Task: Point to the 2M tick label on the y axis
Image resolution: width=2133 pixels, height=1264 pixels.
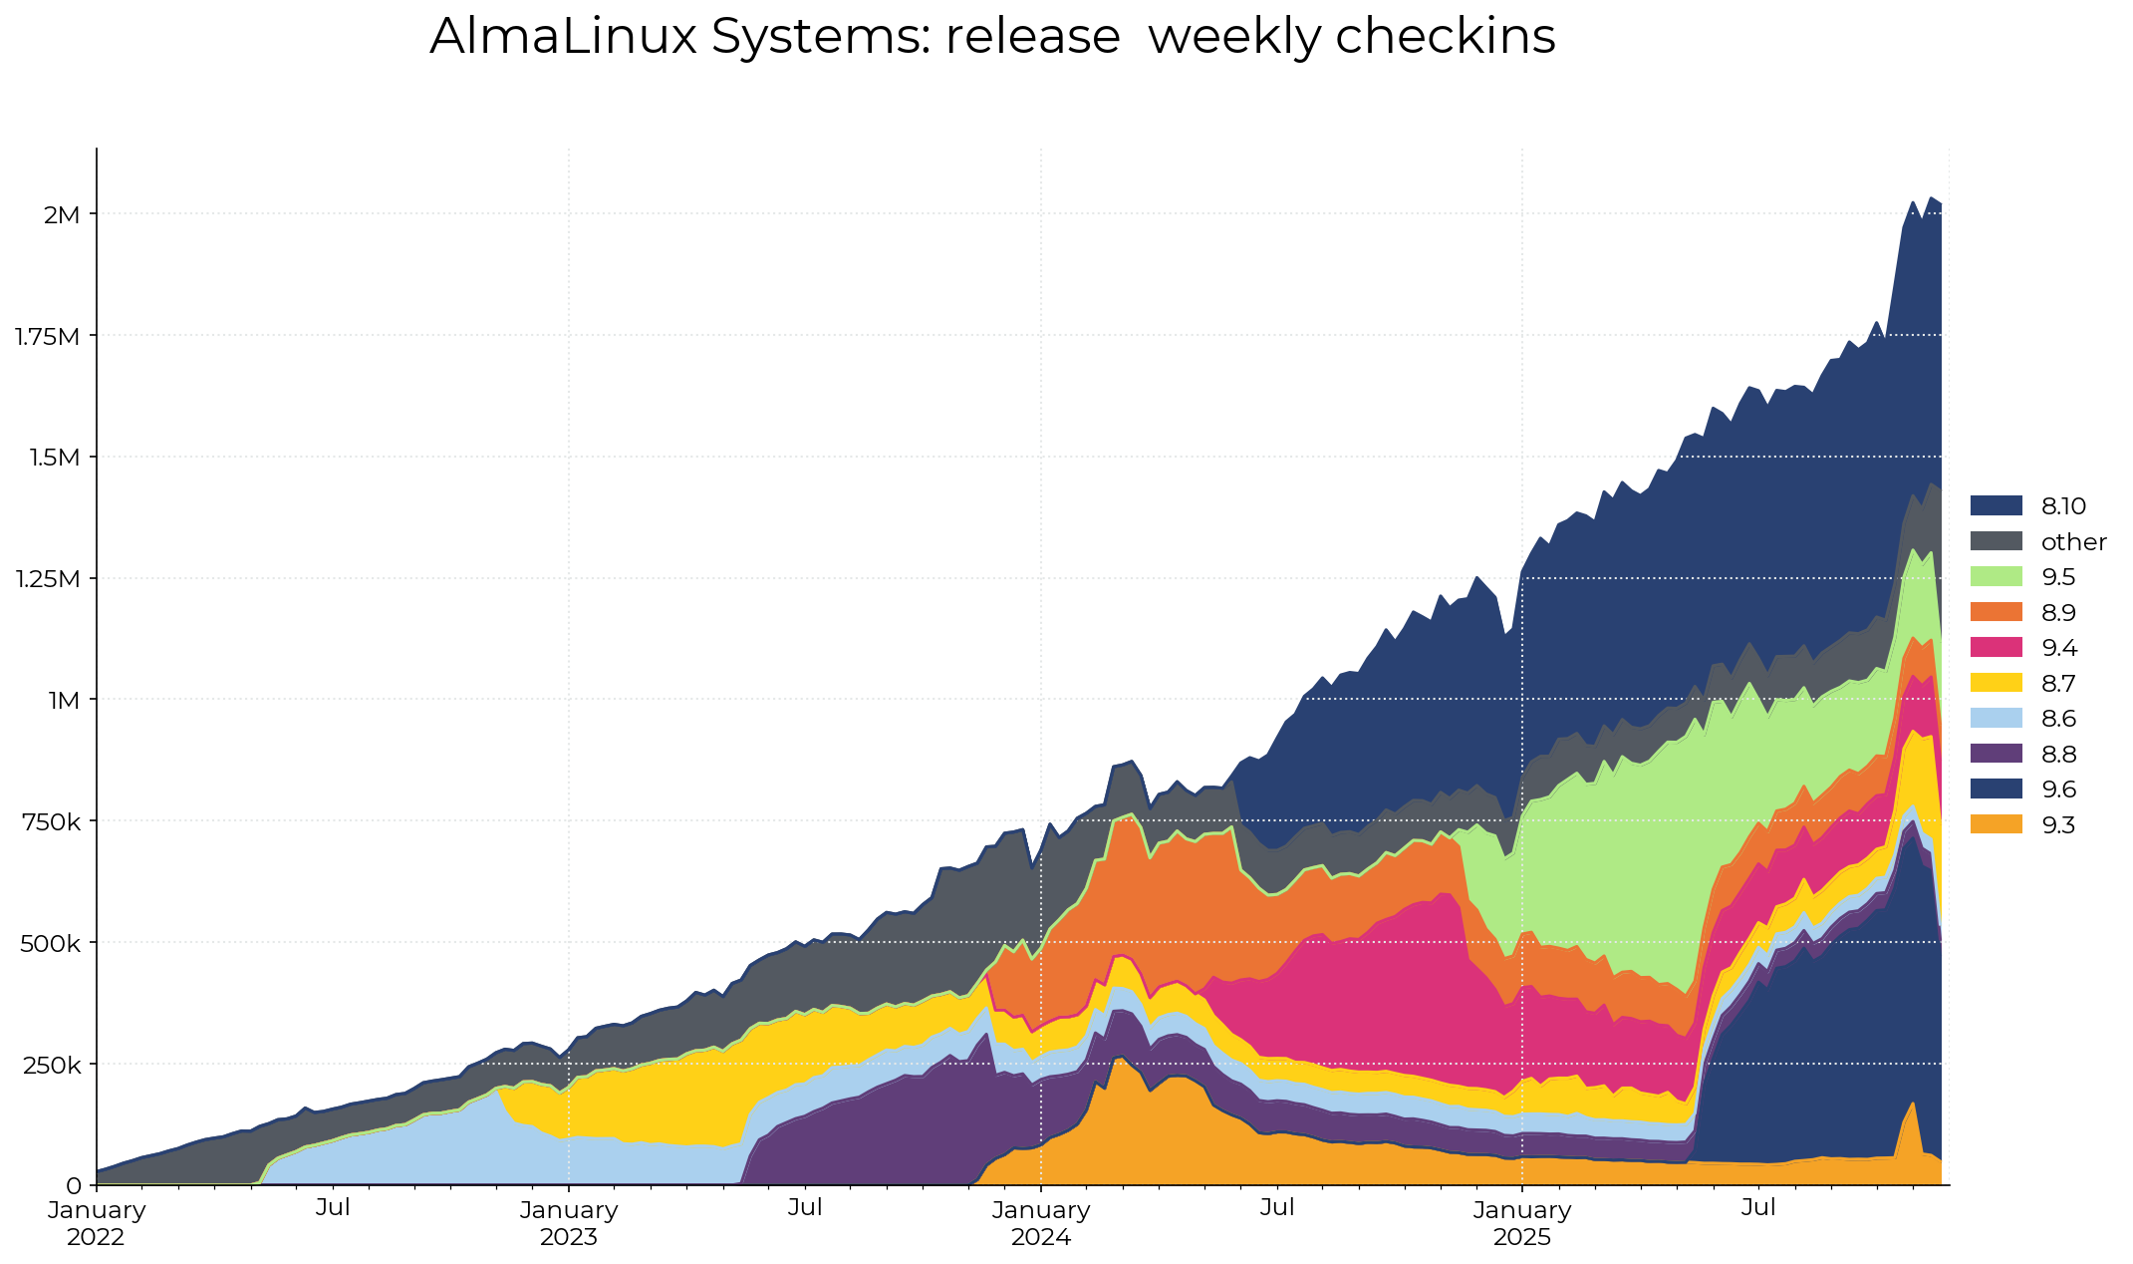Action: pos(62,214)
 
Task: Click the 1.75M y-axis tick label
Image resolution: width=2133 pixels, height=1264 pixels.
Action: pos(47,336)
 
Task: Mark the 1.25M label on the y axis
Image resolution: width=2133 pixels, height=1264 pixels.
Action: pos(47,578)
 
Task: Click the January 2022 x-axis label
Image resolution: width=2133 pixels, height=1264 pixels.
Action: pos(96,1223)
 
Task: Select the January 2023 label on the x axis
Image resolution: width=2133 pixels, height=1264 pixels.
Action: pos(569,1223)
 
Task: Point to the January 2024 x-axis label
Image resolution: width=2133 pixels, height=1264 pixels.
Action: pos(1041,1223)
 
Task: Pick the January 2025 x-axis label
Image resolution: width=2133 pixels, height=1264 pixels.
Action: pos(1522,1223)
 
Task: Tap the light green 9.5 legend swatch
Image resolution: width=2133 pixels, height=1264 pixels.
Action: pos(1996,577)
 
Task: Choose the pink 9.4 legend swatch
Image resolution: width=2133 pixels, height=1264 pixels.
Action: pos(1996,648)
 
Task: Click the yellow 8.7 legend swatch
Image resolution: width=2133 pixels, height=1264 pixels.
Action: pos(1996,683)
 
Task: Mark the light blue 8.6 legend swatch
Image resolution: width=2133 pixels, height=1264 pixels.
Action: pos(1996,719)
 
